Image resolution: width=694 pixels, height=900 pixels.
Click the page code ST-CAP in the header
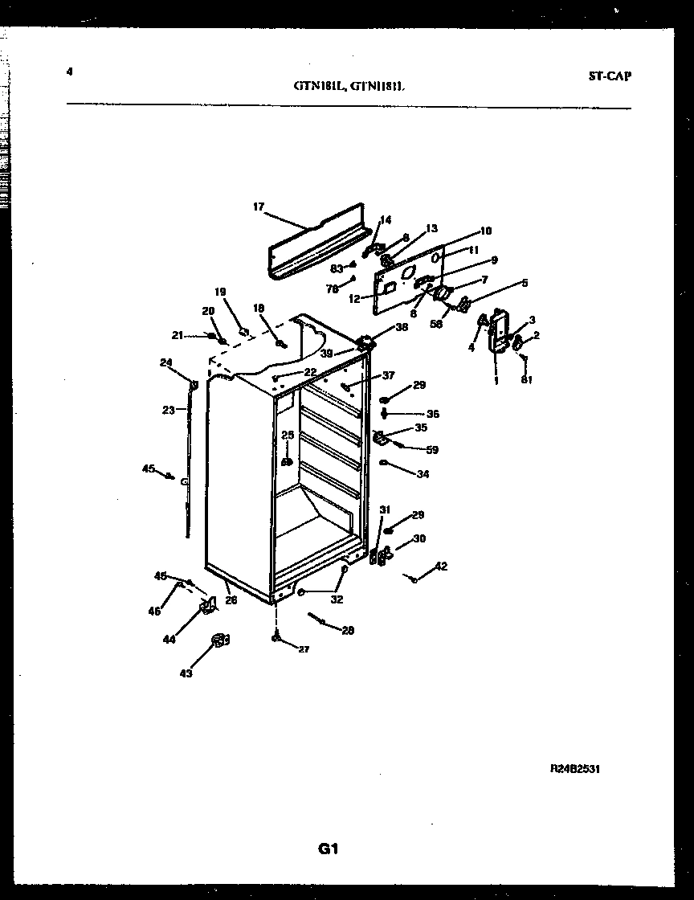[x=609, y=76]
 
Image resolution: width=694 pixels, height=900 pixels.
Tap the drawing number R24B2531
[x=575, y=769]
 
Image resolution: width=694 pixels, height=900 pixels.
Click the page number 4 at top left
[x=70, y=72]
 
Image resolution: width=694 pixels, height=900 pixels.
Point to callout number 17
[x=259, y=207]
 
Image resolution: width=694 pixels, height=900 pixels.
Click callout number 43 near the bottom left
[x=186, y=673]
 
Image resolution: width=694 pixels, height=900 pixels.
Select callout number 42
[x=441, y=567]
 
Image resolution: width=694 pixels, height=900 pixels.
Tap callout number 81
[x=526, y=380]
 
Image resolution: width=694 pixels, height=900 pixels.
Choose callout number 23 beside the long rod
[x=168, y=410]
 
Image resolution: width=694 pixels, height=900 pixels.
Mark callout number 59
[x=432, y=450]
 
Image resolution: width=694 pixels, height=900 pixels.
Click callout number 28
[x=347, y=631]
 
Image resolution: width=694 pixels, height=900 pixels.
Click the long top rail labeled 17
[x=317, y=241]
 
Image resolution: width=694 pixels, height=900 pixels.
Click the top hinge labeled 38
[x=367, y=342]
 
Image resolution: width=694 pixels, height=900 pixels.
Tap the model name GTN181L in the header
[x=318, y=89]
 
